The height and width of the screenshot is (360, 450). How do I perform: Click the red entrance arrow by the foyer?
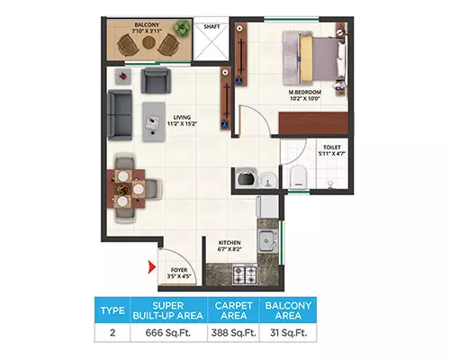coord(152,266)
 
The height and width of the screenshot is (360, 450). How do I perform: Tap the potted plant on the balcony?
coord(182,28)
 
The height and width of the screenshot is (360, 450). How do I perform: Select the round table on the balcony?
coord(148,43)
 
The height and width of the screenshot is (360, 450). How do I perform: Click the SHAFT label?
coord(211,27)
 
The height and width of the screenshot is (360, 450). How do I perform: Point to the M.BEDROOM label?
coord(305,93)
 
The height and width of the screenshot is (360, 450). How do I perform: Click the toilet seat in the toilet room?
coord(298,176)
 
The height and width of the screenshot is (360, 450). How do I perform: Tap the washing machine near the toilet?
coord(246,178)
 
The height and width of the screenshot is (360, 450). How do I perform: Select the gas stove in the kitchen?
coord(245,275)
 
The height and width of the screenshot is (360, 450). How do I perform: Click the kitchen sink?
coord(267,240)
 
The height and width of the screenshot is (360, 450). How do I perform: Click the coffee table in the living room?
coord(154,121)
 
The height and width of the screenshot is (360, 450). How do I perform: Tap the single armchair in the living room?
coord(156,80)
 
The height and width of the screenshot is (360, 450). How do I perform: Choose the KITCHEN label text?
coord(229,243)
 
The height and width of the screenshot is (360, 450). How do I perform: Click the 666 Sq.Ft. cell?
coord(168,333)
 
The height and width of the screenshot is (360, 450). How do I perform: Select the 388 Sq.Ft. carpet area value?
coord(234,333)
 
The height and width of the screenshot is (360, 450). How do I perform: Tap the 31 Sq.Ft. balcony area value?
coord(288,333)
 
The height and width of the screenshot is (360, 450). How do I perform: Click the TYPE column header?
coord(112,310)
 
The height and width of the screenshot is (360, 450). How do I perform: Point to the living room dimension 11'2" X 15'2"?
coord(182,123)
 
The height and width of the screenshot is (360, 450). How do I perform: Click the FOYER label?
coord(179,270)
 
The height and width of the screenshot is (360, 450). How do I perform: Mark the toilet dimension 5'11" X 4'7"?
coord(332,154)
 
